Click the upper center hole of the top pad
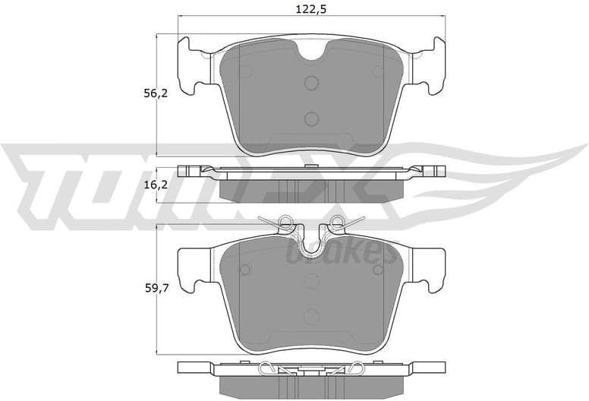point(311,84)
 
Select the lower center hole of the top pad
point(311,118)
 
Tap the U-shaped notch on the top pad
point(311,52)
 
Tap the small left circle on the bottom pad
point(244,270)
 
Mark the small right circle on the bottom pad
point(378,270)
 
